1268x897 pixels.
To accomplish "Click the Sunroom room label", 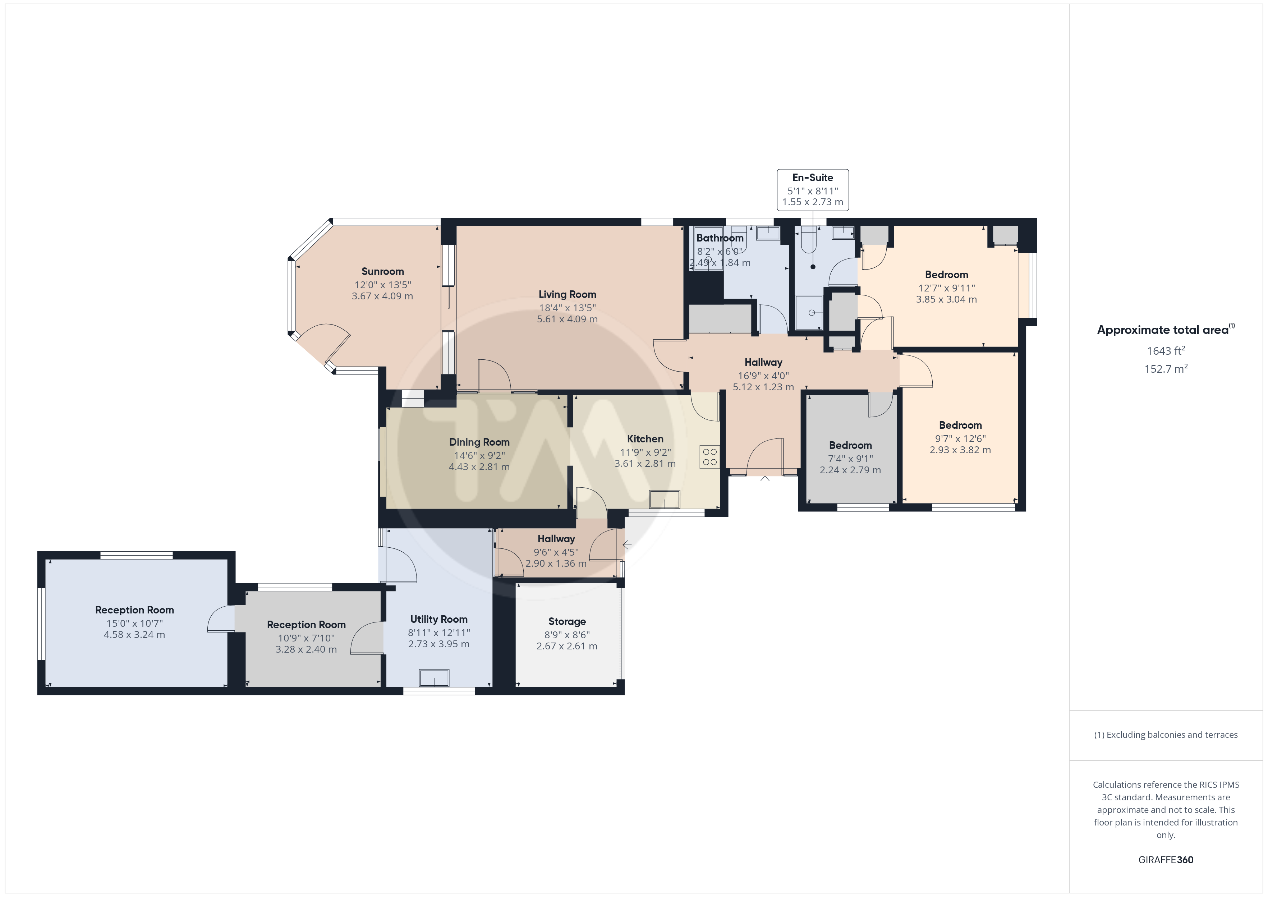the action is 383,271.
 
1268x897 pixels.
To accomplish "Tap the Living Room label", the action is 567,294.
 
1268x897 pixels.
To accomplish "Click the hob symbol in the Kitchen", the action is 710,457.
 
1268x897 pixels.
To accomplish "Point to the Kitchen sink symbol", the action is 665,499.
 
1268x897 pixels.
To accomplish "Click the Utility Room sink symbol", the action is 434,678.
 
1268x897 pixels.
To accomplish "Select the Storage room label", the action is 567,621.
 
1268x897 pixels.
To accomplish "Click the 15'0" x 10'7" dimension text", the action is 135,623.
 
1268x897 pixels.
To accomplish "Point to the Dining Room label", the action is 479,442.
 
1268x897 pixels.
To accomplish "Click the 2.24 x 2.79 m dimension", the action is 850,470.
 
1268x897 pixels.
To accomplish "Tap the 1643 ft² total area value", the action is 1166,351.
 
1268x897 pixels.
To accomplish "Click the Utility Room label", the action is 439,620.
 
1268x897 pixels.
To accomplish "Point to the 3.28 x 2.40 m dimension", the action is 307,649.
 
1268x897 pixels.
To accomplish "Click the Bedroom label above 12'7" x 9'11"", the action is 947,275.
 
